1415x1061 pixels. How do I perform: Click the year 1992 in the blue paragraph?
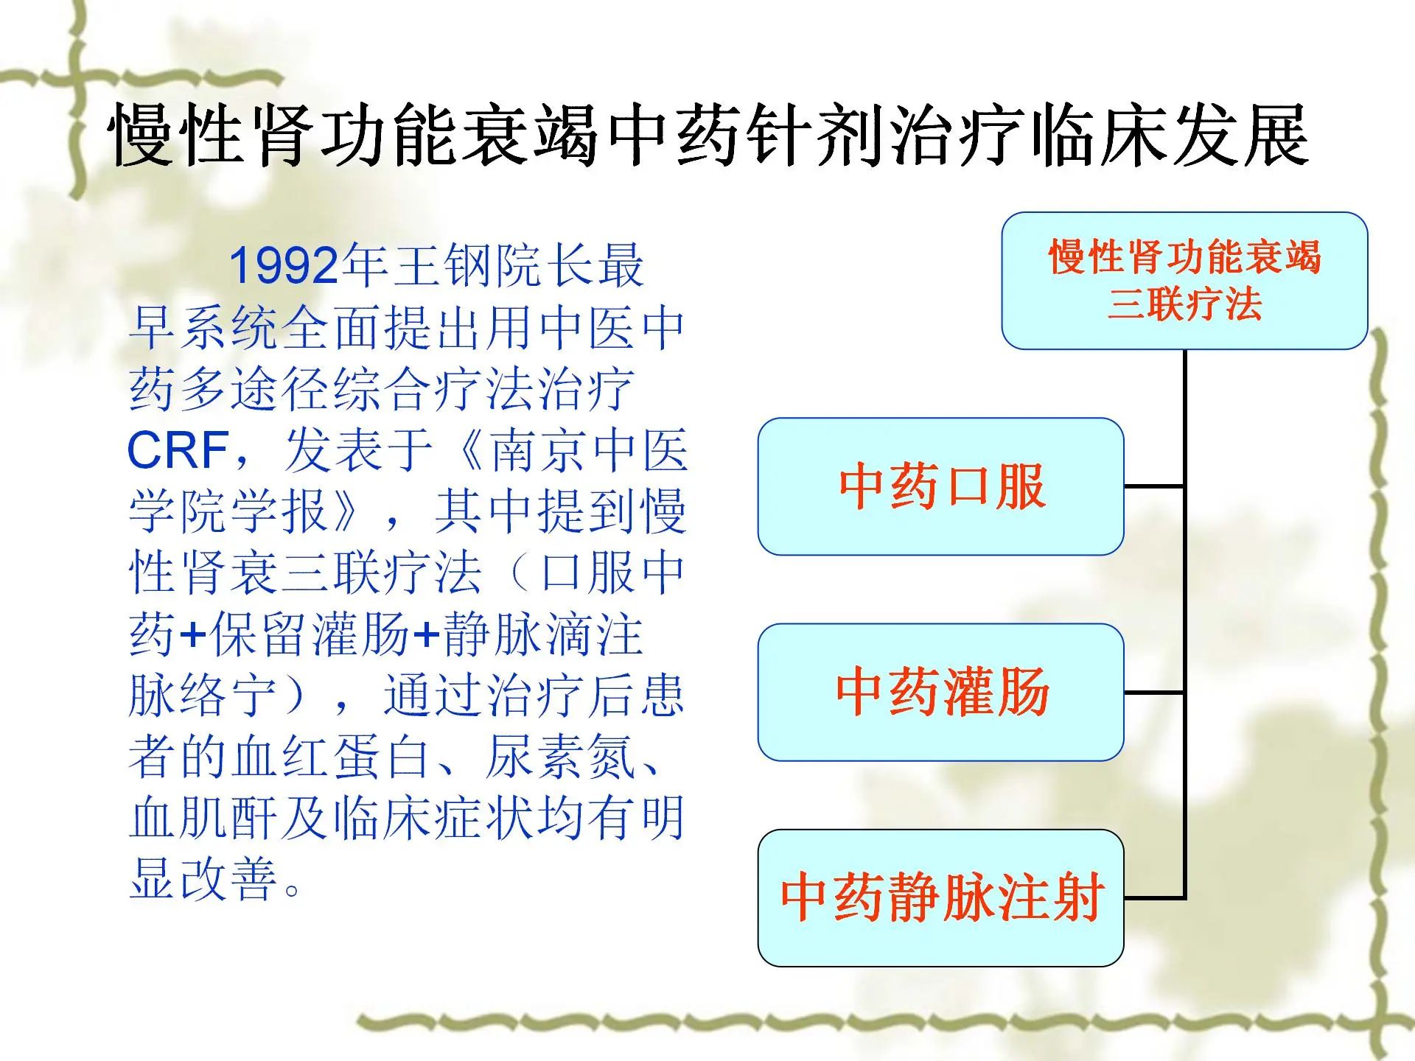coord(284,266)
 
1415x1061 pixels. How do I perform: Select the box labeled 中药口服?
coord(941,486)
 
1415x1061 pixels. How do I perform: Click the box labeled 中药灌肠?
coord(941,692)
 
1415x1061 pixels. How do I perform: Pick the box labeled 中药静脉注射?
coord(941,897)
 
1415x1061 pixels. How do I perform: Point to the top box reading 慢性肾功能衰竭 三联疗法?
coord(1184,281)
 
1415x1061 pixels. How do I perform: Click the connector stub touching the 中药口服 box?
coord(1154,486)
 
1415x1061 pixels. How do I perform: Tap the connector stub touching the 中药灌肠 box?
coord(1154,692)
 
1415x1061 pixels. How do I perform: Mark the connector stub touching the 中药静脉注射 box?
coord(1154,897)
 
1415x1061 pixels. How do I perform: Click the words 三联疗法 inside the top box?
coord(1184,304)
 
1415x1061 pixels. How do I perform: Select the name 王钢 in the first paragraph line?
coord(443,266)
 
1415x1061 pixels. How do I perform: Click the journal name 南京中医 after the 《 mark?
coord(588,449)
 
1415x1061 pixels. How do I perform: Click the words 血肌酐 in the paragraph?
coord(203,818)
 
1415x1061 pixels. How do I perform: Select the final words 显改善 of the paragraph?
coord(203,879)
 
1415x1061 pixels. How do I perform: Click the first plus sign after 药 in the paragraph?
coord(193,635)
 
